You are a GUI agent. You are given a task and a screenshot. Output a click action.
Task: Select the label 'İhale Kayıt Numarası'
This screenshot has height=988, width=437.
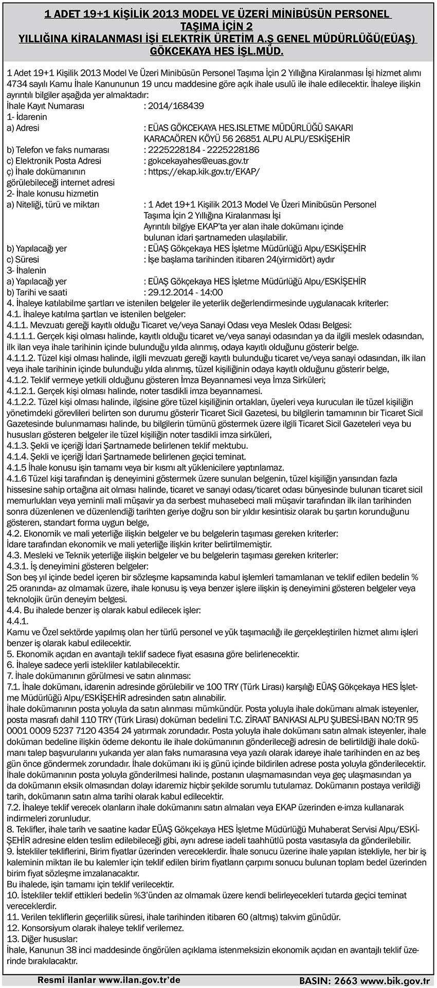pyautogui.click(x=46, y=106)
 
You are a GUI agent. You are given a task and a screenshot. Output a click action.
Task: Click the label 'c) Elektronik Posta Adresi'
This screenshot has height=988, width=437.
pyautogui.click(x=54, y=161)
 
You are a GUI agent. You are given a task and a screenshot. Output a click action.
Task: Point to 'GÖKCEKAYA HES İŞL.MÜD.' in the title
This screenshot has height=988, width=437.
pyautogui.click(x=216, y=51)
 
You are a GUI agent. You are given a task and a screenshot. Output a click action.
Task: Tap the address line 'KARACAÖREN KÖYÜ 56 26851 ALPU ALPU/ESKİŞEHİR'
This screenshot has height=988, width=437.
pyautogui.click(x=247, y=139)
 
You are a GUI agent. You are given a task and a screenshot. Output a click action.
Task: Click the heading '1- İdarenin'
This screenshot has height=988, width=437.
pyautogui.click(x=27, y=117)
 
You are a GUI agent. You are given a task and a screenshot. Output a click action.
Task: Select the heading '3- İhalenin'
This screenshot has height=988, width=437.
pyautogui.click(x=27, y=271)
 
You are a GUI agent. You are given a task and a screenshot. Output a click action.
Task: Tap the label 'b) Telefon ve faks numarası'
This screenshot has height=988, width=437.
pyautogui.click(x=58, y=150)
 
